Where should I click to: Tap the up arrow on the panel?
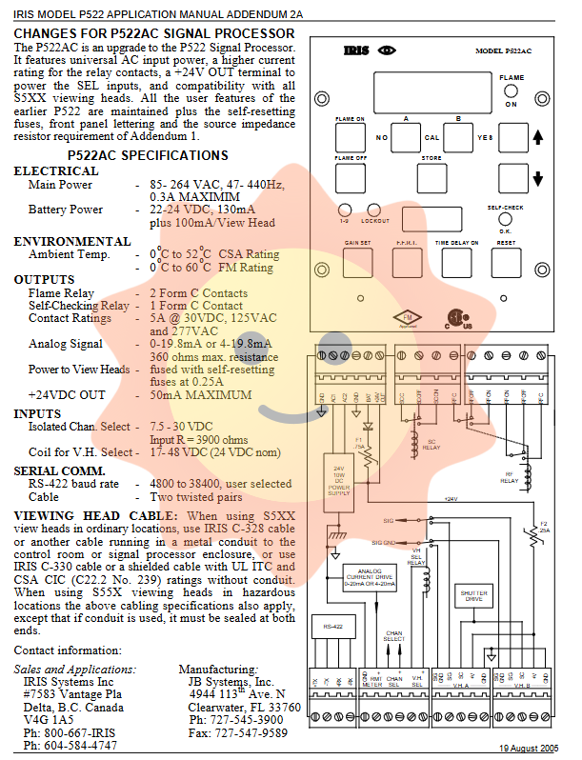tap(537, 138)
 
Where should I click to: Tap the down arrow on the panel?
tap(537, 179)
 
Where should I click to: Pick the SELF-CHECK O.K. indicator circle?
tap(507, 218)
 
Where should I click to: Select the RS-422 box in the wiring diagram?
tap(332, 627)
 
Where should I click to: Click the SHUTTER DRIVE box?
tap(473, 595)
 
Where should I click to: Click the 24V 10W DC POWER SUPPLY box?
tap(339, 481)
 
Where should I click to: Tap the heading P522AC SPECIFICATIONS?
tap(147, 155)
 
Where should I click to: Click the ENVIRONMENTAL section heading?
tap(71, 242)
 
